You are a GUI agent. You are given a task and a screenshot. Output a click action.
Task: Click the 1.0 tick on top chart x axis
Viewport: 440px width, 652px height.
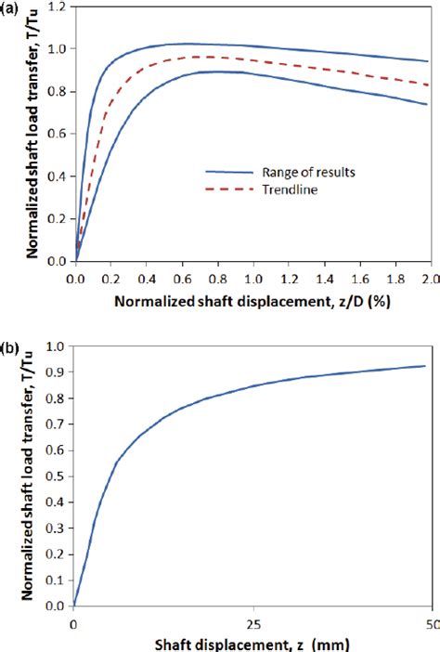[x=252, y=277]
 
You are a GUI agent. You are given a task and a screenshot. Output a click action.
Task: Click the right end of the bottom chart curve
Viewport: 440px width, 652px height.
[x=425, y=366]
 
